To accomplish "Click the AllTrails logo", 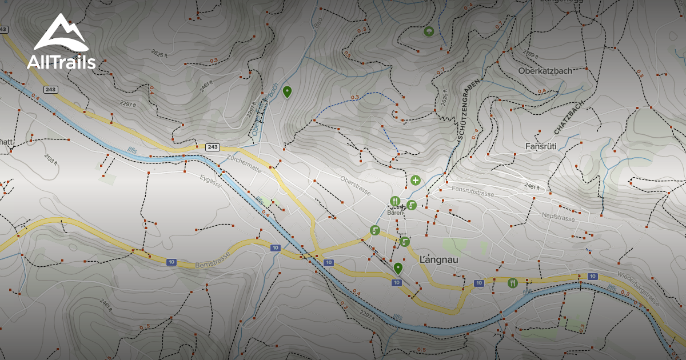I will pyautogui.click(x=61, y=42).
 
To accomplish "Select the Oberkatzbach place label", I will pyautogui.click(x=545, y=71).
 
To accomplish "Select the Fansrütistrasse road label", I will pyautogui.click(x=472, y=191).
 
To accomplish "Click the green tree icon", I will pyautogui.click(x=428, y=31).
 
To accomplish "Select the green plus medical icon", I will pyautogui.click(x=416, y=181).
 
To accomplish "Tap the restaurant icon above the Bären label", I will pyautogui.click(x=394, y=201).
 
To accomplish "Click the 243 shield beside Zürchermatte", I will pyautogui.click(x=213, y=147).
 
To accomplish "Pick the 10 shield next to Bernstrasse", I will pyautogui.click(x=171, y=262).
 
